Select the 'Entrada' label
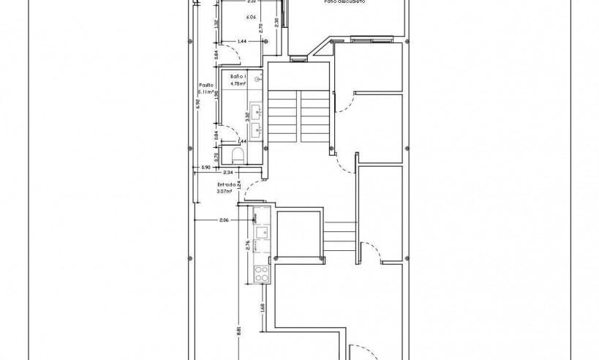(226, 185)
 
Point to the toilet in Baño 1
(237, 154)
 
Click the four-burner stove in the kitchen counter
(261, 274)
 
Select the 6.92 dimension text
(197, 105)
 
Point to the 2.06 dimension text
(225, 220)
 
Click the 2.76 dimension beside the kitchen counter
(248, 245)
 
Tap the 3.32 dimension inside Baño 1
(248, 115)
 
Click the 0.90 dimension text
(206, 168)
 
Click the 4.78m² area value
(238, 83)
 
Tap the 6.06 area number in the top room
(251, 17)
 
